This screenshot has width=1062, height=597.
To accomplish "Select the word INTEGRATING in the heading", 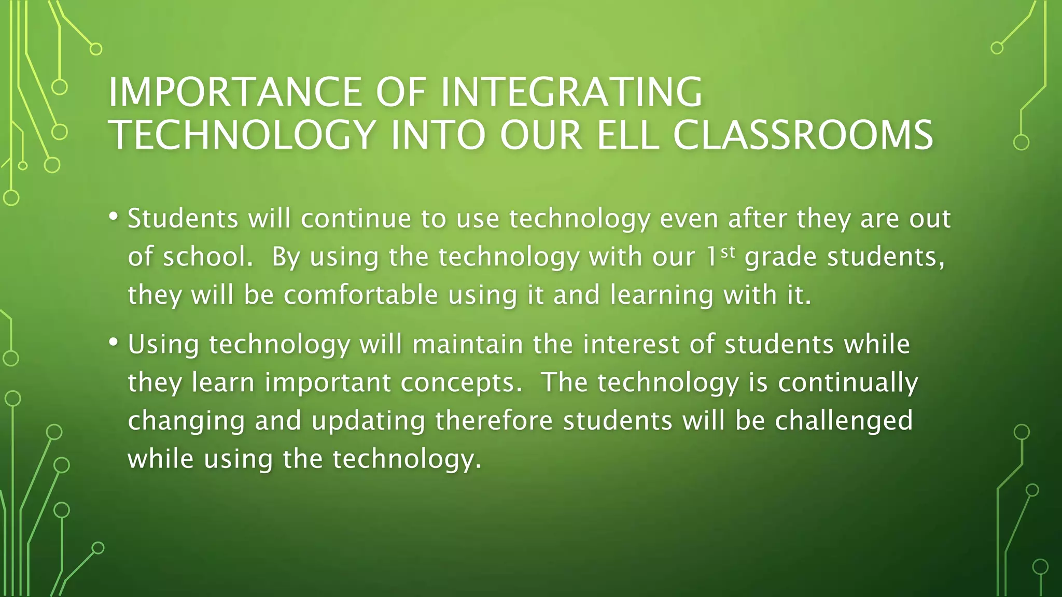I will (x=571, y=92).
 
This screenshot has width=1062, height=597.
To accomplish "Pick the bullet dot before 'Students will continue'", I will (x=114, y=216).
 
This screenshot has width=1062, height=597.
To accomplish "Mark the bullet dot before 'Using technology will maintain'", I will (x=114, y=342).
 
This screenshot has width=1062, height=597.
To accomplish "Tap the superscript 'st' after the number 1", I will (x=728, y=252).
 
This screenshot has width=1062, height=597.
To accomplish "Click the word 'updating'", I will (x=368, y=421).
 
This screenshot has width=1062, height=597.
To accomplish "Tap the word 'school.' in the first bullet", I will (x=208, y=257).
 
